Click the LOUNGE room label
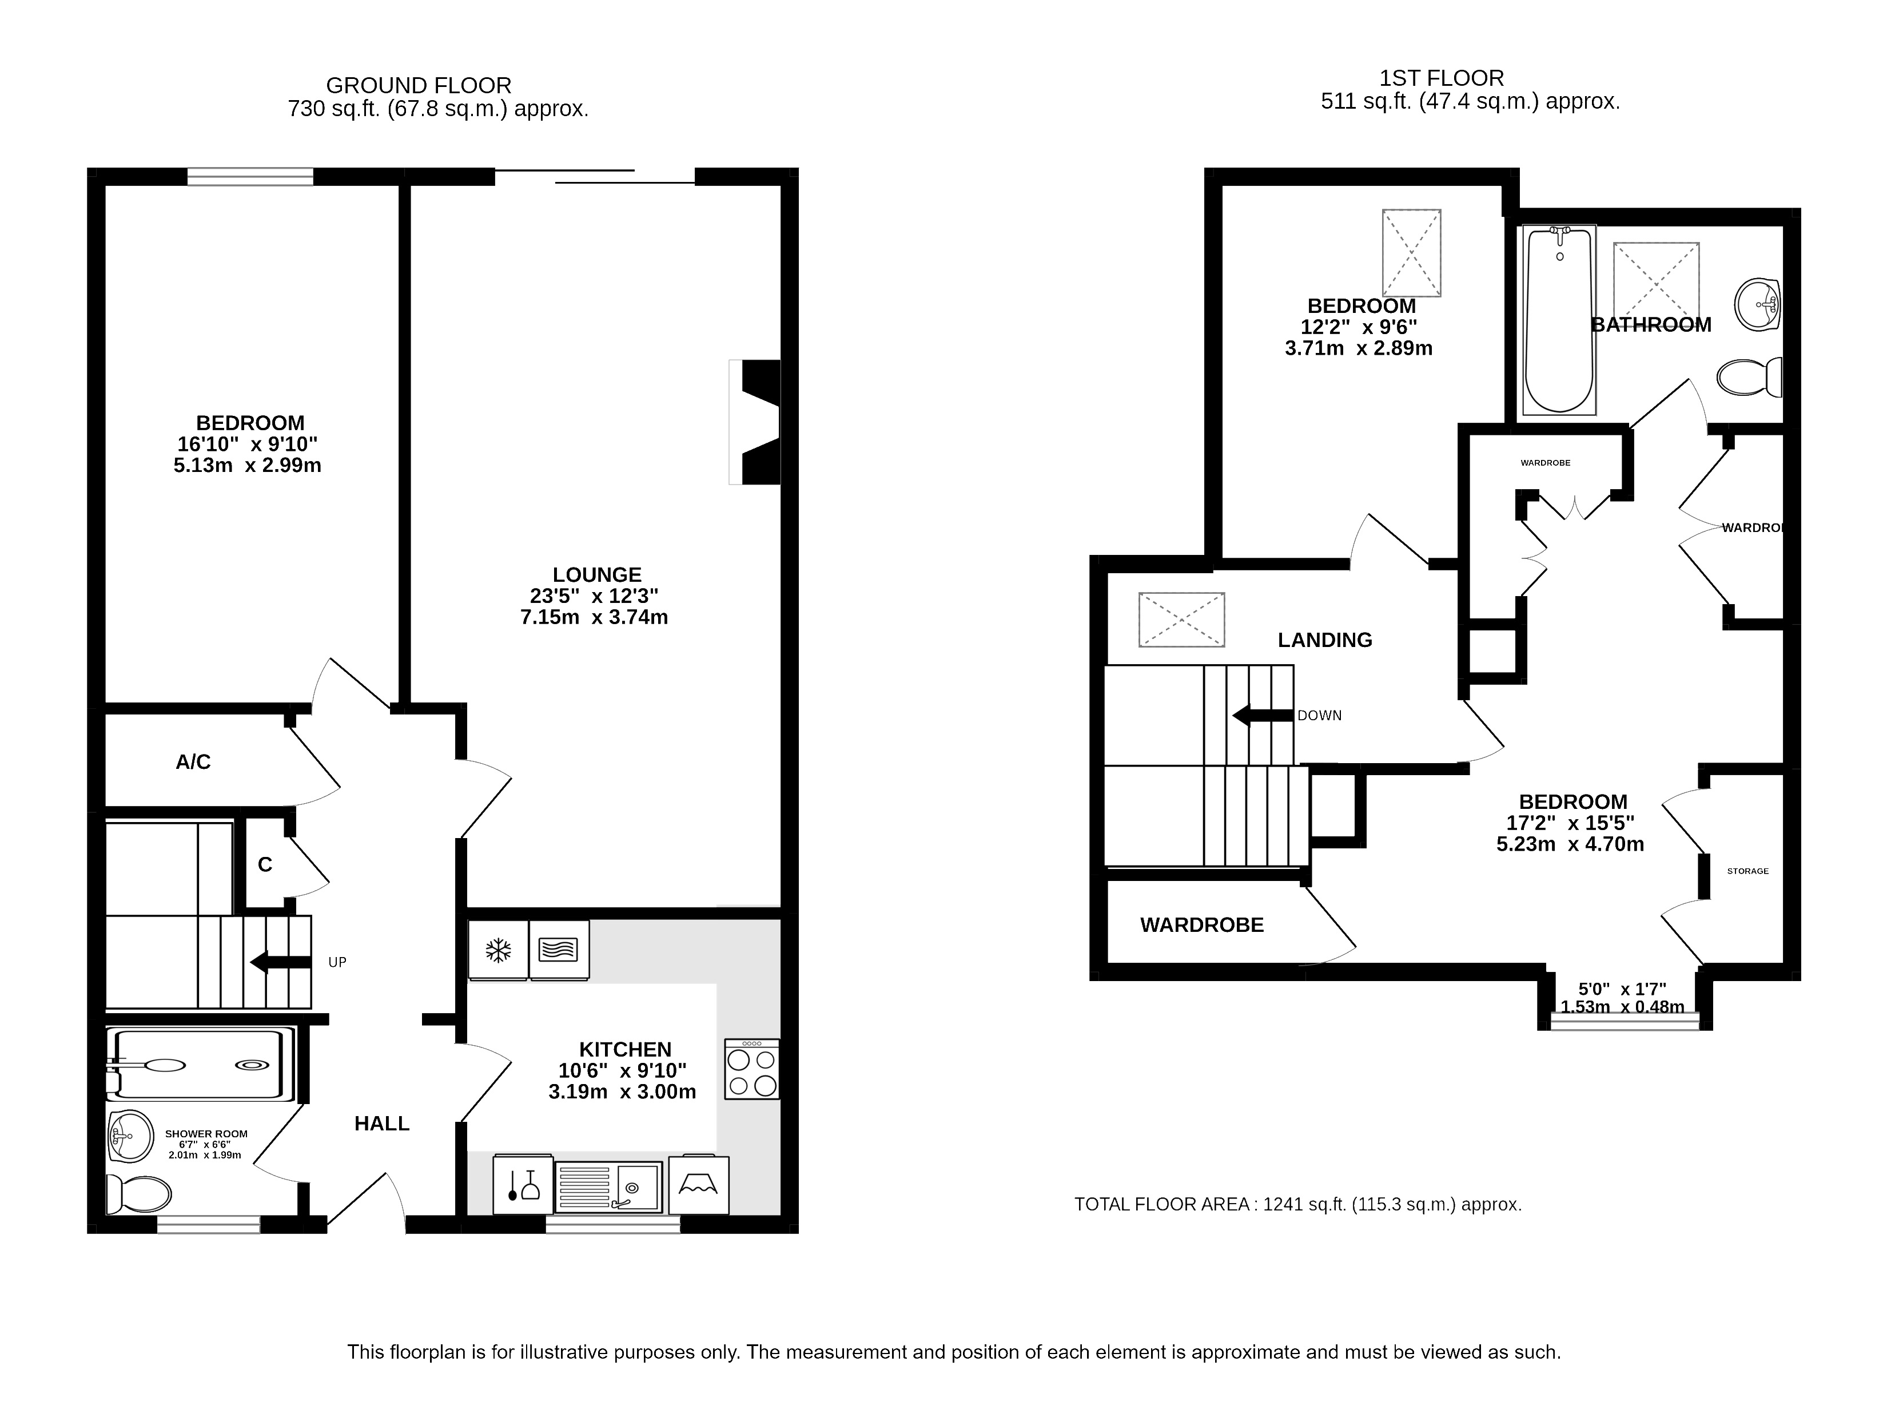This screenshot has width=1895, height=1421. pos(597,575)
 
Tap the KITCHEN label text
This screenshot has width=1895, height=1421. pos(626,1050)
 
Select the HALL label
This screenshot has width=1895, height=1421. pos(382,1124)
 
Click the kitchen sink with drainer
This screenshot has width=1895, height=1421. pos(609,1187)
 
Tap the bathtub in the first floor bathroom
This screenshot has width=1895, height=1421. pos(1559,320)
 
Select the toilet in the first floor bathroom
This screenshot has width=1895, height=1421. pos(1750,377)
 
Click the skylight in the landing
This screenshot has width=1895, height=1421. pos(1181,620)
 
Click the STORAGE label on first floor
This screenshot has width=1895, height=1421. pos(1747,871)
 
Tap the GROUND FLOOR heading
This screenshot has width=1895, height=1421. pos(419,86)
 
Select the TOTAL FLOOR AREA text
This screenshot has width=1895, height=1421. pos(1298,1204)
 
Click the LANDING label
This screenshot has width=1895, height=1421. pos(1324,640)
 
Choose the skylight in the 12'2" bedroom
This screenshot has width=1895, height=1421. pos(1412,253)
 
